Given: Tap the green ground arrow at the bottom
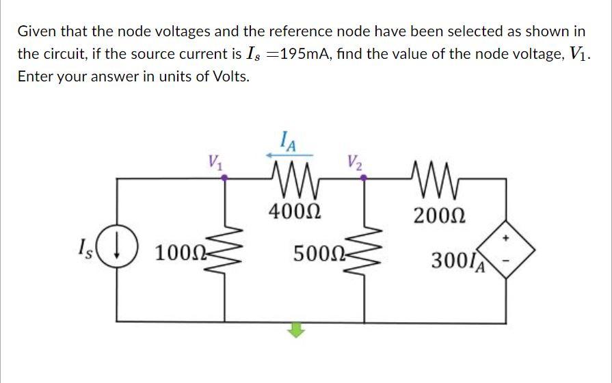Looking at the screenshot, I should point(294,330).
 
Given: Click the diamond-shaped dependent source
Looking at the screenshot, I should point(507,252).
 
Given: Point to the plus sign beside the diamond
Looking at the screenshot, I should point(506,239).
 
